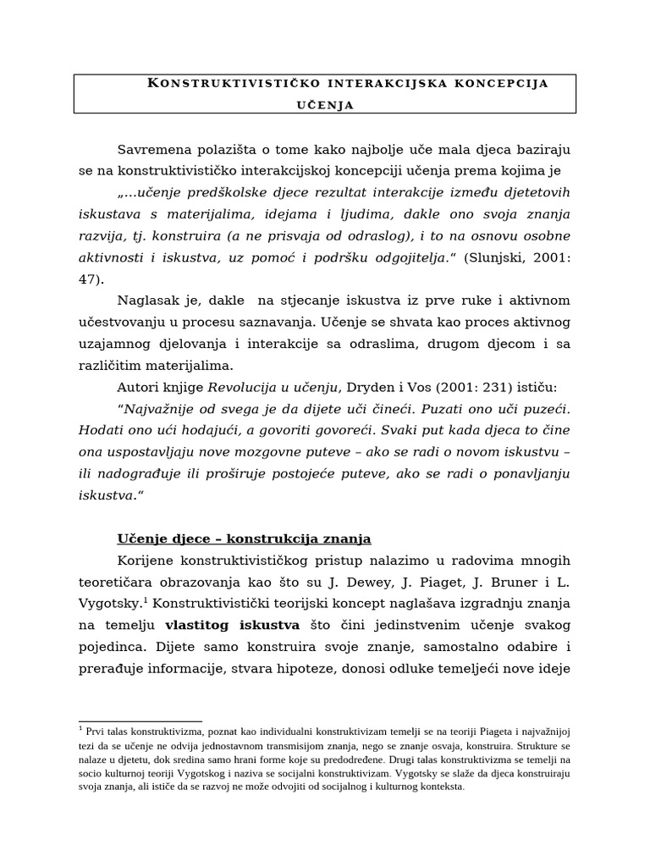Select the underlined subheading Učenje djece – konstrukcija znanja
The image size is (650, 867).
point(244,538)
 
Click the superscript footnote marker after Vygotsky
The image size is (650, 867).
point(146,600)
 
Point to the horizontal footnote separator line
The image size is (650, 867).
point(140,721)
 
